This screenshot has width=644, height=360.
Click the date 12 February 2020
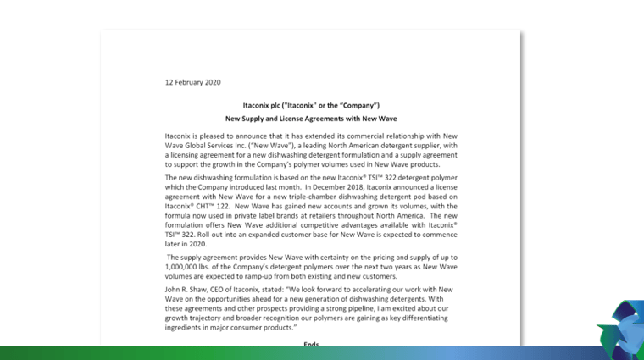(192, 82)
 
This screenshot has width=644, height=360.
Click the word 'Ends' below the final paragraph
(311, 345)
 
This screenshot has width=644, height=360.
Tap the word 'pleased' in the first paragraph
(211, 135)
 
